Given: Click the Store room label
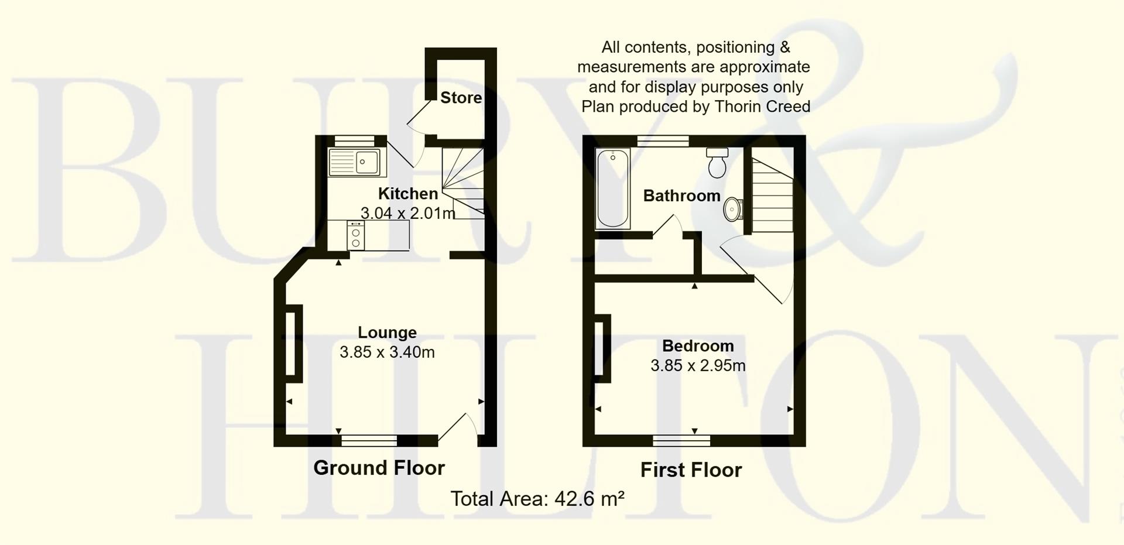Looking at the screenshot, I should pos(461,98).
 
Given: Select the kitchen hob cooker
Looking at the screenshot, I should pos(355,236).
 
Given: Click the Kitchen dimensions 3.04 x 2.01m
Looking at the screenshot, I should pos(407,213).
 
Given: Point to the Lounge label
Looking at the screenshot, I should pos(387,333).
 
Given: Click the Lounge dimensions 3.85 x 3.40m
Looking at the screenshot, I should pos(387,352).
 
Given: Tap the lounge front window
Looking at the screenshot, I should pos(369,440).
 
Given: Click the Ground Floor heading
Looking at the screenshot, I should pos(379,468).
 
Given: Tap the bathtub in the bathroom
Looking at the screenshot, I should pos(612,188).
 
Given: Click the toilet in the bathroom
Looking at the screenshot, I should pos(717,163).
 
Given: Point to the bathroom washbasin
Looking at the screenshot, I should pos(732,209).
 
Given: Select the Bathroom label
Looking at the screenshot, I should pos(681,196).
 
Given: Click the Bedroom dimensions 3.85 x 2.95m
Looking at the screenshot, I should pos(698,366).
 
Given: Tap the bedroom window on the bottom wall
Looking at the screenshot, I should pos(681,440).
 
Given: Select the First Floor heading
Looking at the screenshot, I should pos(691,470).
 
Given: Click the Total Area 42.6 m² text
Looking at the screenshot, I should pos(537,499).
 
